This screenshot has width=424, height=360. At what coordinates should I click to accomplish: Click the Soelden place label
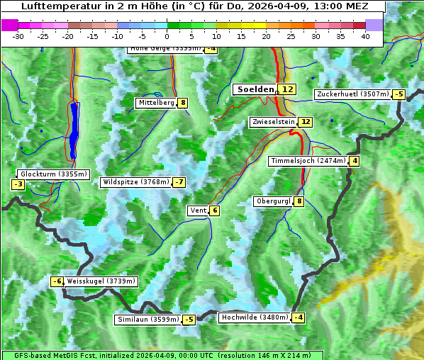[255, 89]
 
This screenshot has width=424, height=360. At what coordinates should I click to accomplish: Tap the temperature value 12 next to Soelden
[286, 89]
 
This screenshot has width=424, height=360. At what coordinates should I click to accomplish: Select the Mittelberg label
[156, 103]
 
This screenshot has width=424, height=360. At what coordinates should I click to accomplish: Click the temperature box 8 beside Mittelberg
[183, 103]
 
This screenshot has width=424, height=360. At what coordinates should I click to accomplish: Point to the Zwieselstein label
[273, 122]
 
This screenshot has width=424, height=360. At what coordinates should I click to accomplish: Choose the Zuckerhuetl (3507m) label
[353, 94]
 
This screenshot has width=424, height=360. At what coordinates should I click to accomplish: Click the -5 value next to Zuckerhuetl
[398, 94]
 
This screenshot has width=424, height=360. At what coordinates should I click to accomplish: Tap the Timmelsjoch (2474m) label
[308, 161]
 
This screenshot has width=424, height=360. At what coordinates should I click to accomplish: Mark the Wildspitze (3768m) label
[136, 182]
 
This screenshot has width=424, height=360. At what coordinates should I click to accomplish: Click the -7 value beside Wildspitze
[179, 182]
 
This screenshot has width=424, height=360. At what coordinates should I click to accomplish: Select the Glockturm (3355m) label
[54, 174]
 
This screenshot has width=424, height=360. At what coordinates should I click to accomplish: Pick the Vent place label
[198, 210]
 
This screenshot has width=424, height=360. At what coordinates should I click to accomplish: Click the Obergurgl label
[273, 201]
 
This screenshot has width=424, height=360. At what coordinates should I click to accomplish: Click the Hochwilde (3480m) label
[255, 317]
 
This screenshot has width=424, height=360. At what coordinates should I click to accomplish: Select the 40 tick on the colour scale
[365, 36]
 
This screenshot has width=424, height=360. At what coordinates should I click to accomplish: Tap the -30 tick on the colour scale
[18, 36]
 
